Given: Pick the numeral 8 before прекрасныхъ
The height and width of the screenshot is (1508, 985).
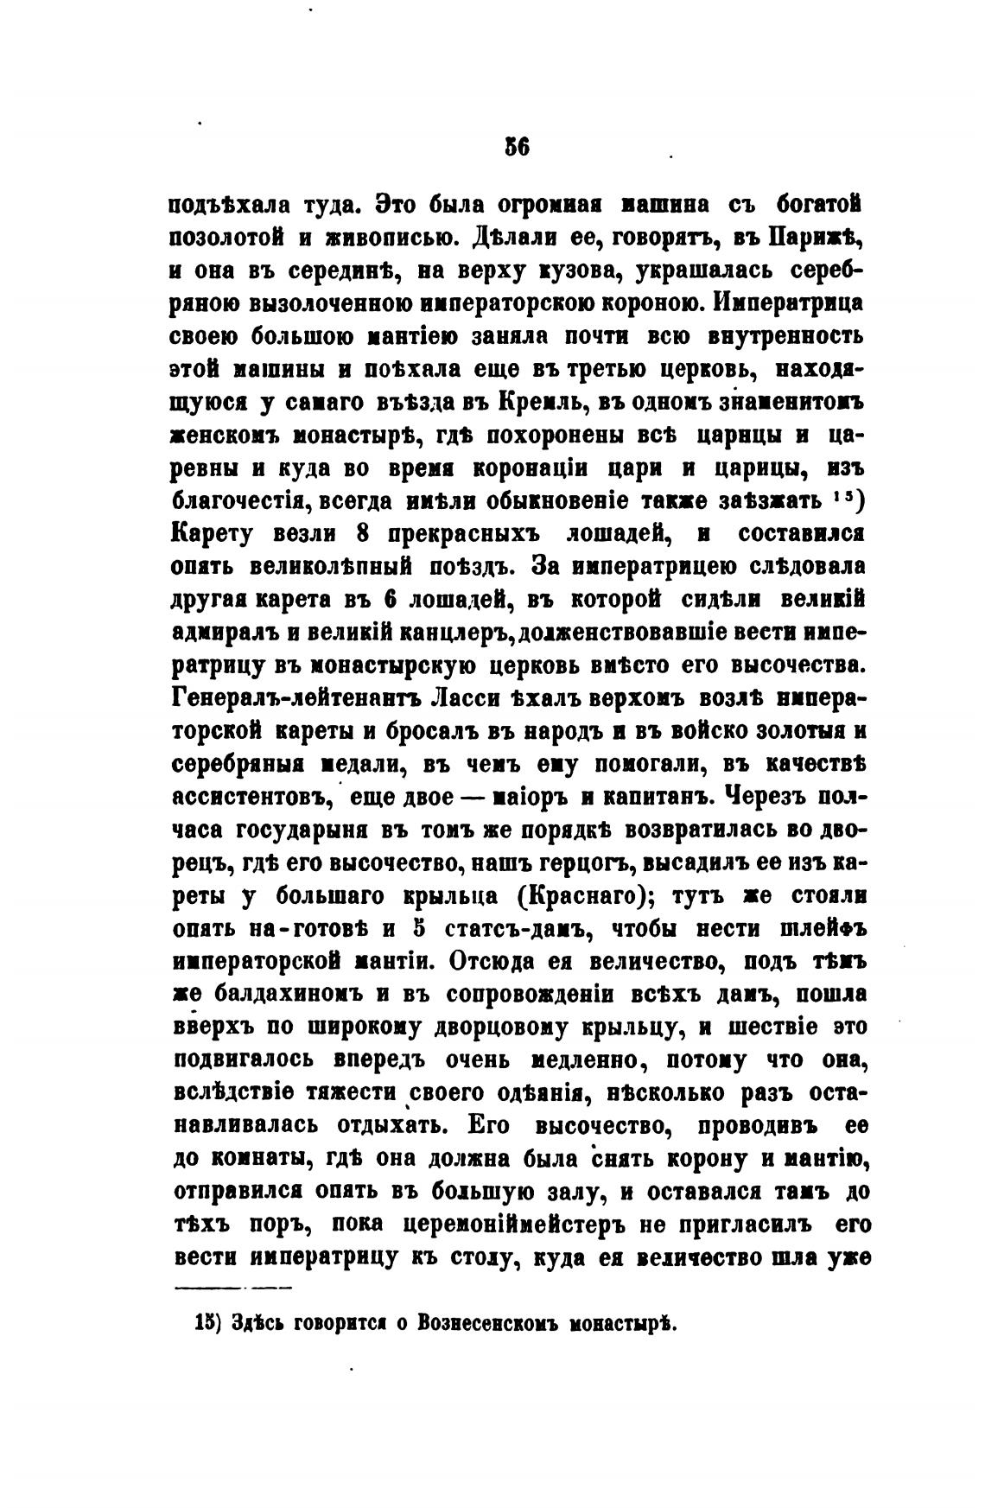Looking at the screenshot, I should (364, 534).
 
